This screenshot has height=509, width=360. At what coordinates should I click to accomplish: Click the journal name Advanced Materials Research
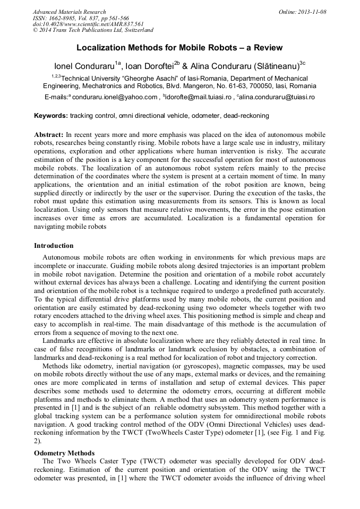pyautogui.click(x=69, y=12)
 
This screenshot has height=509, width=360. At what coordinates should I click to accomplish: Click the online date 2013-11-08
pyautogui.click(x=313, y=12)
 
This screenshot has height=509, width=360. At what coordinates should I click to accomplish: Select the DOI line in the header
pyautogui.click(x=88, y=24)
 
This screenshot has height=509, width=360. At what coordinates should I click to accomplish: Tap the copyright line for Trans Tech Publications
pyautogui.click(x=93, y=31)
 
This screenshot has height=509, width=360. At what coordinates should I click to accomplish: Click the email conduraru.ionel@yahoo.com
pyautogui.click(x=115, y=98)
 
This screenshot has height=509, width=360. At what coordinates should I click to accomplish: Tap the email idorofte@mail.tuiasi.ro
pyautogui.click(x=199, y=98)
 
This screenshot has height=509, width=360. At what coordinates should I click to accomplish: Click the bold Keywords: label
pyautogui.click(x=51, y=116)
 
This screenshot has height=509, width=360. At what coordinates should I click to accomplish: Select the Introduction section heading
pyautogui.click(x=54, y=246)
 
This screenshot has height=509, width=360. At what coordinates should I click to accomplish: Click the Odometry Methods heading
pyautogui.click(x=64, y=453)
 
